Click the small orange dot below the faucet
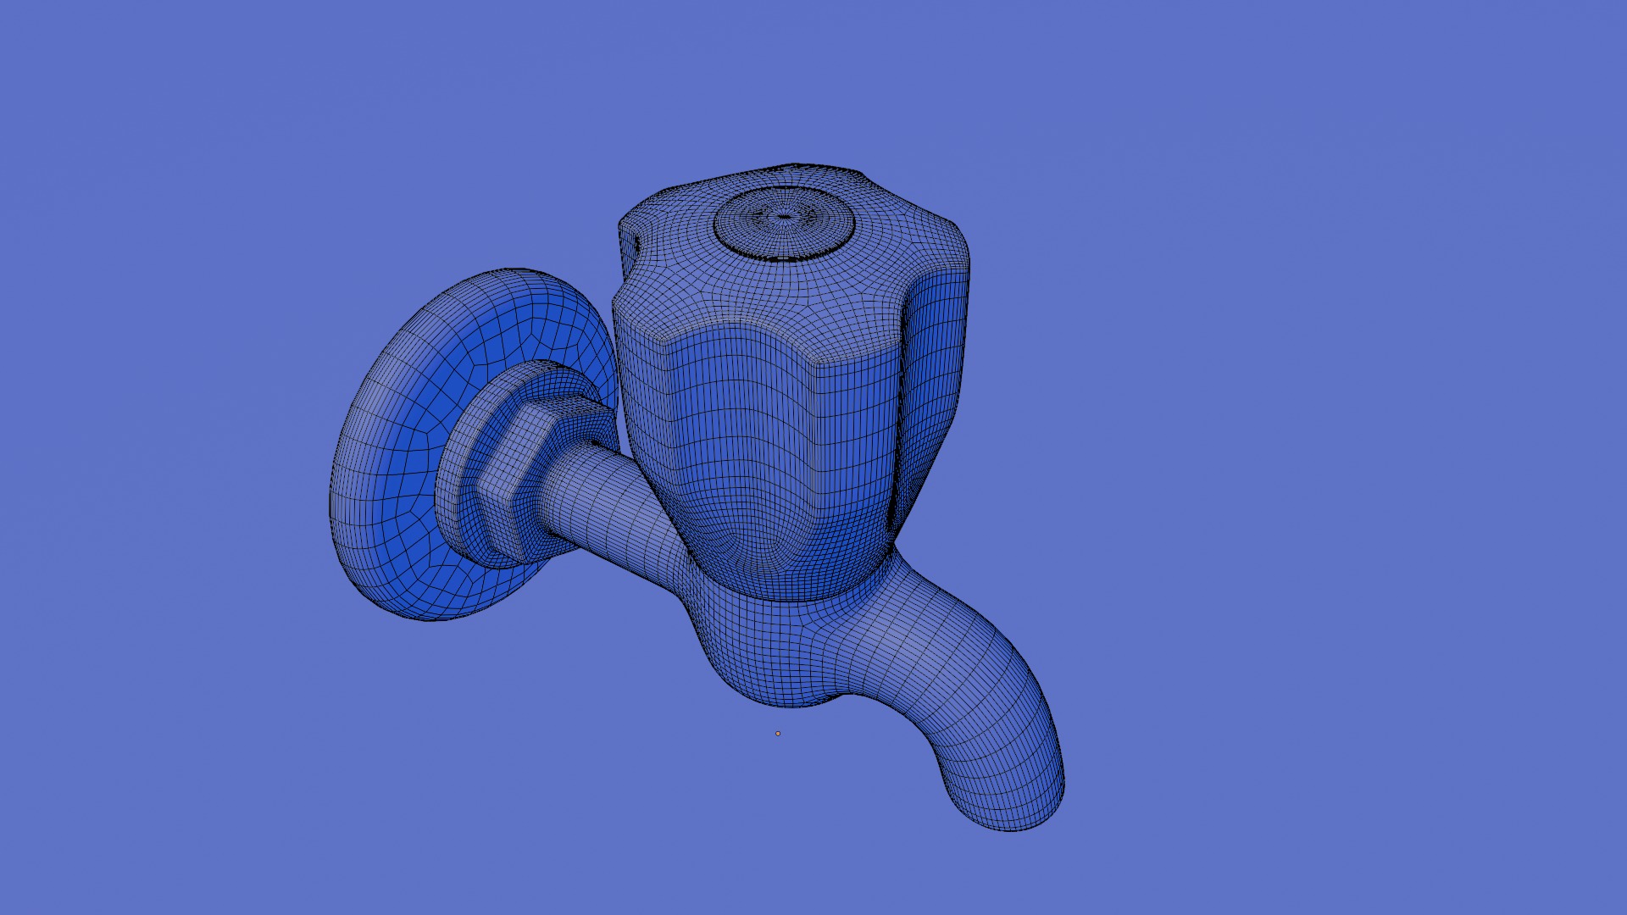pos(778,734)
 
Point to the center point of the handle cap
pos(785,217)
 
